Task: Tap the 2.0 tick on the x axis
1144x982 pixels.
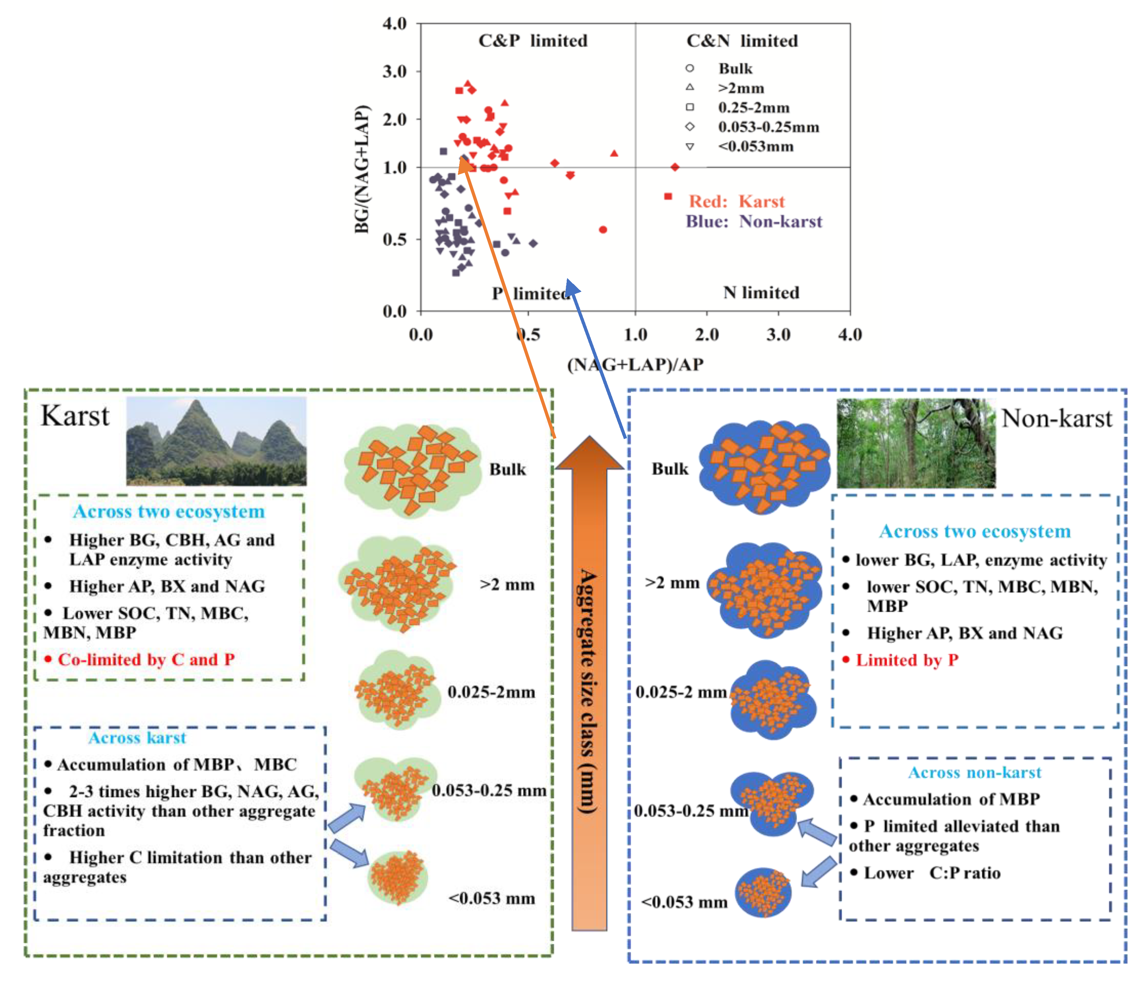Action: point(707,335)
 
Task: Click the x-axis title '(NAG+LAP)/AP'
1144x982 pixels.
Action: point(635,364)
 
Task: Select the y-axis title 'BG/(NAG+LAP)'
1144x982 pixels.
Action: point(362,169)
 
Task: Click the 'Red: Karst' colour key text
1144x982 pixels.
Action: point(737,202)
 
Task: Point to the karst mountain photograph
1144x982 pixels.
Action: point(216,441)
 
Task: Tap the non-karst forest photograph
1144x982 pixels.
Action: point(916,443)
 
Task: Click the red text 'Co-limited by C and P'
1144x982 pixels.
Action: point(146,660)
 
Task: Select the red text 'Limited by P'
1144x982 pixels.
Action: point(907,660)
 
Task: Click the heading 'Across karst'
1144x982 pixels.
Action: point(137,738)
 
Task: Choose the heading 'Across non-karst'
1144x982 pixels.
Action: point(974,772)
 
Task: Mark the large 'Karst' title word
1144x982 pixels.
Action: point(75,416)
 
